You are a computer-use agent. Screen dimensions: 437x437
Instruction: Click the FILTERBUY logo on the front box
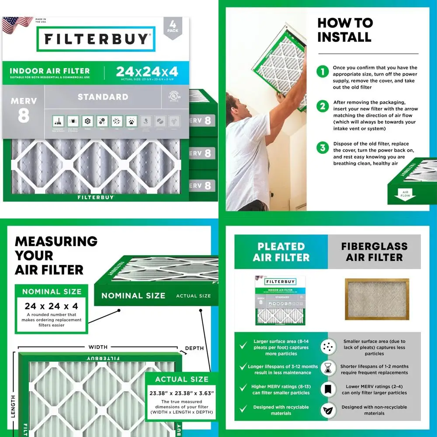tap(96, 39)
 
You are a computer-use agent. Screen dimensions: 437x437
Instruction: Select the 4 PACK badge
tap(173, 28)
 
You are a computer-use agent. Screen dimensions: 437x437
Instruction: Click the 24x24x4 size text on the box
tap(146, 70)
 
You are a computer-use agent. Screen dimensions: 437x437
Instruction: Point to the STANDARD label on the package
tap(103, 97)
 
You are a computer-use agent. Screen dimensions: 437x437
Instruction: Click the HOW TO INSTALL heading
tap(345, 30)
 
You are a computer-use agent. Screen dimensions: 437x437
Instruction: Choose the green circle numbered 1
tap(323, 72)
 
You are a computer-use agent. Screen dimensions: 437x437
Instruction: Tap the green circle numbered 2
tap(323, 106)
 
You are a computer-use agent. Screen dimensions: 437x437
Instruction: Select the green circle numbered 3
tap(323, 147)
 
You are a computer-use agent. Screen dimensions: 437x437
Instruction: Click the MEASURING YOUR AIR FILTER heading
tap(56, 255)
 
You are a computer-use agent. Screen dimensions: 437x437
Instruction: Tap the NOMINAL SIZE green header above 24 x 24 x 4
tap(52, 291)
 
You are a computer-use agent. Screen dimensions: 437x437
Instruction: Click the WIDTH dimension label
tap(98, 347)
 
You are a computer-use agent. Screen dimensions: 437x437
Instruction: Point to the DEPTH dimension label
tap(194, 348)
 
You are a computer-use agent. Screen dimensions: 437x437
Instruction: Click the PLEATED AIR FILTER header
tap(281, 252)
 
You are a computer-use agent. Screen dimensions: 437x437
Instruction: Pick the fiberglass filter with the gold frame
tap(377, 299)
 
